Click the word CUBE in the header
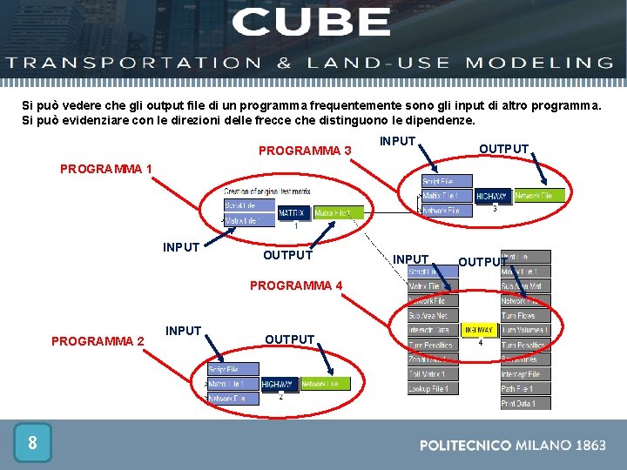click(312, 22)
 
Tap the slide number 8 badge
click(32, 443)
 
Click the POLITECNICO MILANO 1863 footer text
click(513, 445)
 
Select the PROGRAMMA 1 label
click(106, 168)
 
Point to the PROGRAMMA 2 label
click(98, 341)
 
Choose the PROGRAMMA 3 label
click(305, 151)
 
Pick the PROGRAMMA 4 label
click(296, 285)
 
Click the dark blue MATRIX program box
click(291, 213)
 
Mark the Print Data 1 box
click(525, 403)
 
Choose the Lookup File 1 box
click(433, 388)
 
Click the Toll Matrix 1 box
click(433, 374)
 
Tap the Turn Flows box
click(525, 315)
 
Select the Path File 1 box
click(525, 388)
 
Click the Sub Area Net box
click(433, 315)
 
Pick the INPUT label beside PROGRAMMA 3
click(398, 142)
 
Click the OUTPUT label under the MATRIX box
click(287, 255)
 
